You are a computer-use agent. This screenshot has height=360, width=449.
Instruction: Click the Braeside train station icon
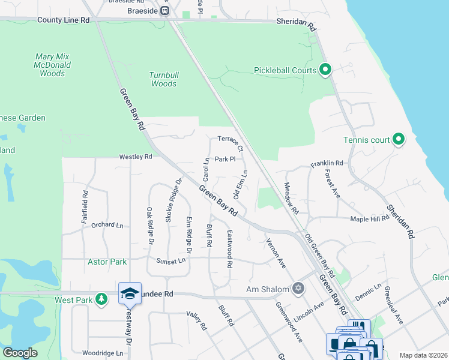(x=164, y=10)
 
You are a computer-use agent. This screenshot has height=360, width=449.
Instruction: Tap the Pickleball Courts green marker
(x=325, y=71)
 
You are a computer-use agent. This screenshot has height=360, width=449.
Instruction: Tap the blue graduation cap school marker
(x=130, y=293)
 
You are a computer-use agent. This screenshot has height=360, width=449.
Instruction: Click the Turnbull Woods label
(x=163, y=79)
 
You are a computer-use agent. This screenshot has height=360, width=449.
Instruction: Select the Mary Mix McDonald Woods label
(x=52, y=65)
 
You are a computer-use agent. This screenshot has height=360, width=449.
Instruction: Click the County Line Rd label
(x=63, y=20)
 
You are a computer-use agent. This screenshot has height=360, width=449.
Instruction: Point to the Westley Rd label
(x=136, y=157)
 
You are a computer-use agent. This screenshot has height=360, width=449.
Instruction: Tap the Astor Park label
(x=107, y=262)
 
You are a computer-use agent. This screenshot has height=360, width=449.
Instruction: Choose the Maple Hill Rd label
(x=370, y=219)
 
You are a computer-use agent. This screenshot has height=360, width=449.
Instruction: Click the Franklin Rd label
(x=327, y=163)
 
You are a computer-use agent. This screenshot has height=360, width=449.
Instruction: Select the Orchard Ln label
(x=107, y=225)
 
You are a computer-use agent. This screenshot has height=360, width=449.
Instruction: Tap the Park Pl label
(x=225, y=160)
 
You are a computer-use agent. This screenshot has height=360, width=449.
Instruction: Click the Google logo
(x=20, y=353)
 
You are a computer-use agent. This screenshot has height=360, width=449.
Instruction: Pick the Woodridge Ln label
(x=106, y=353)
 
